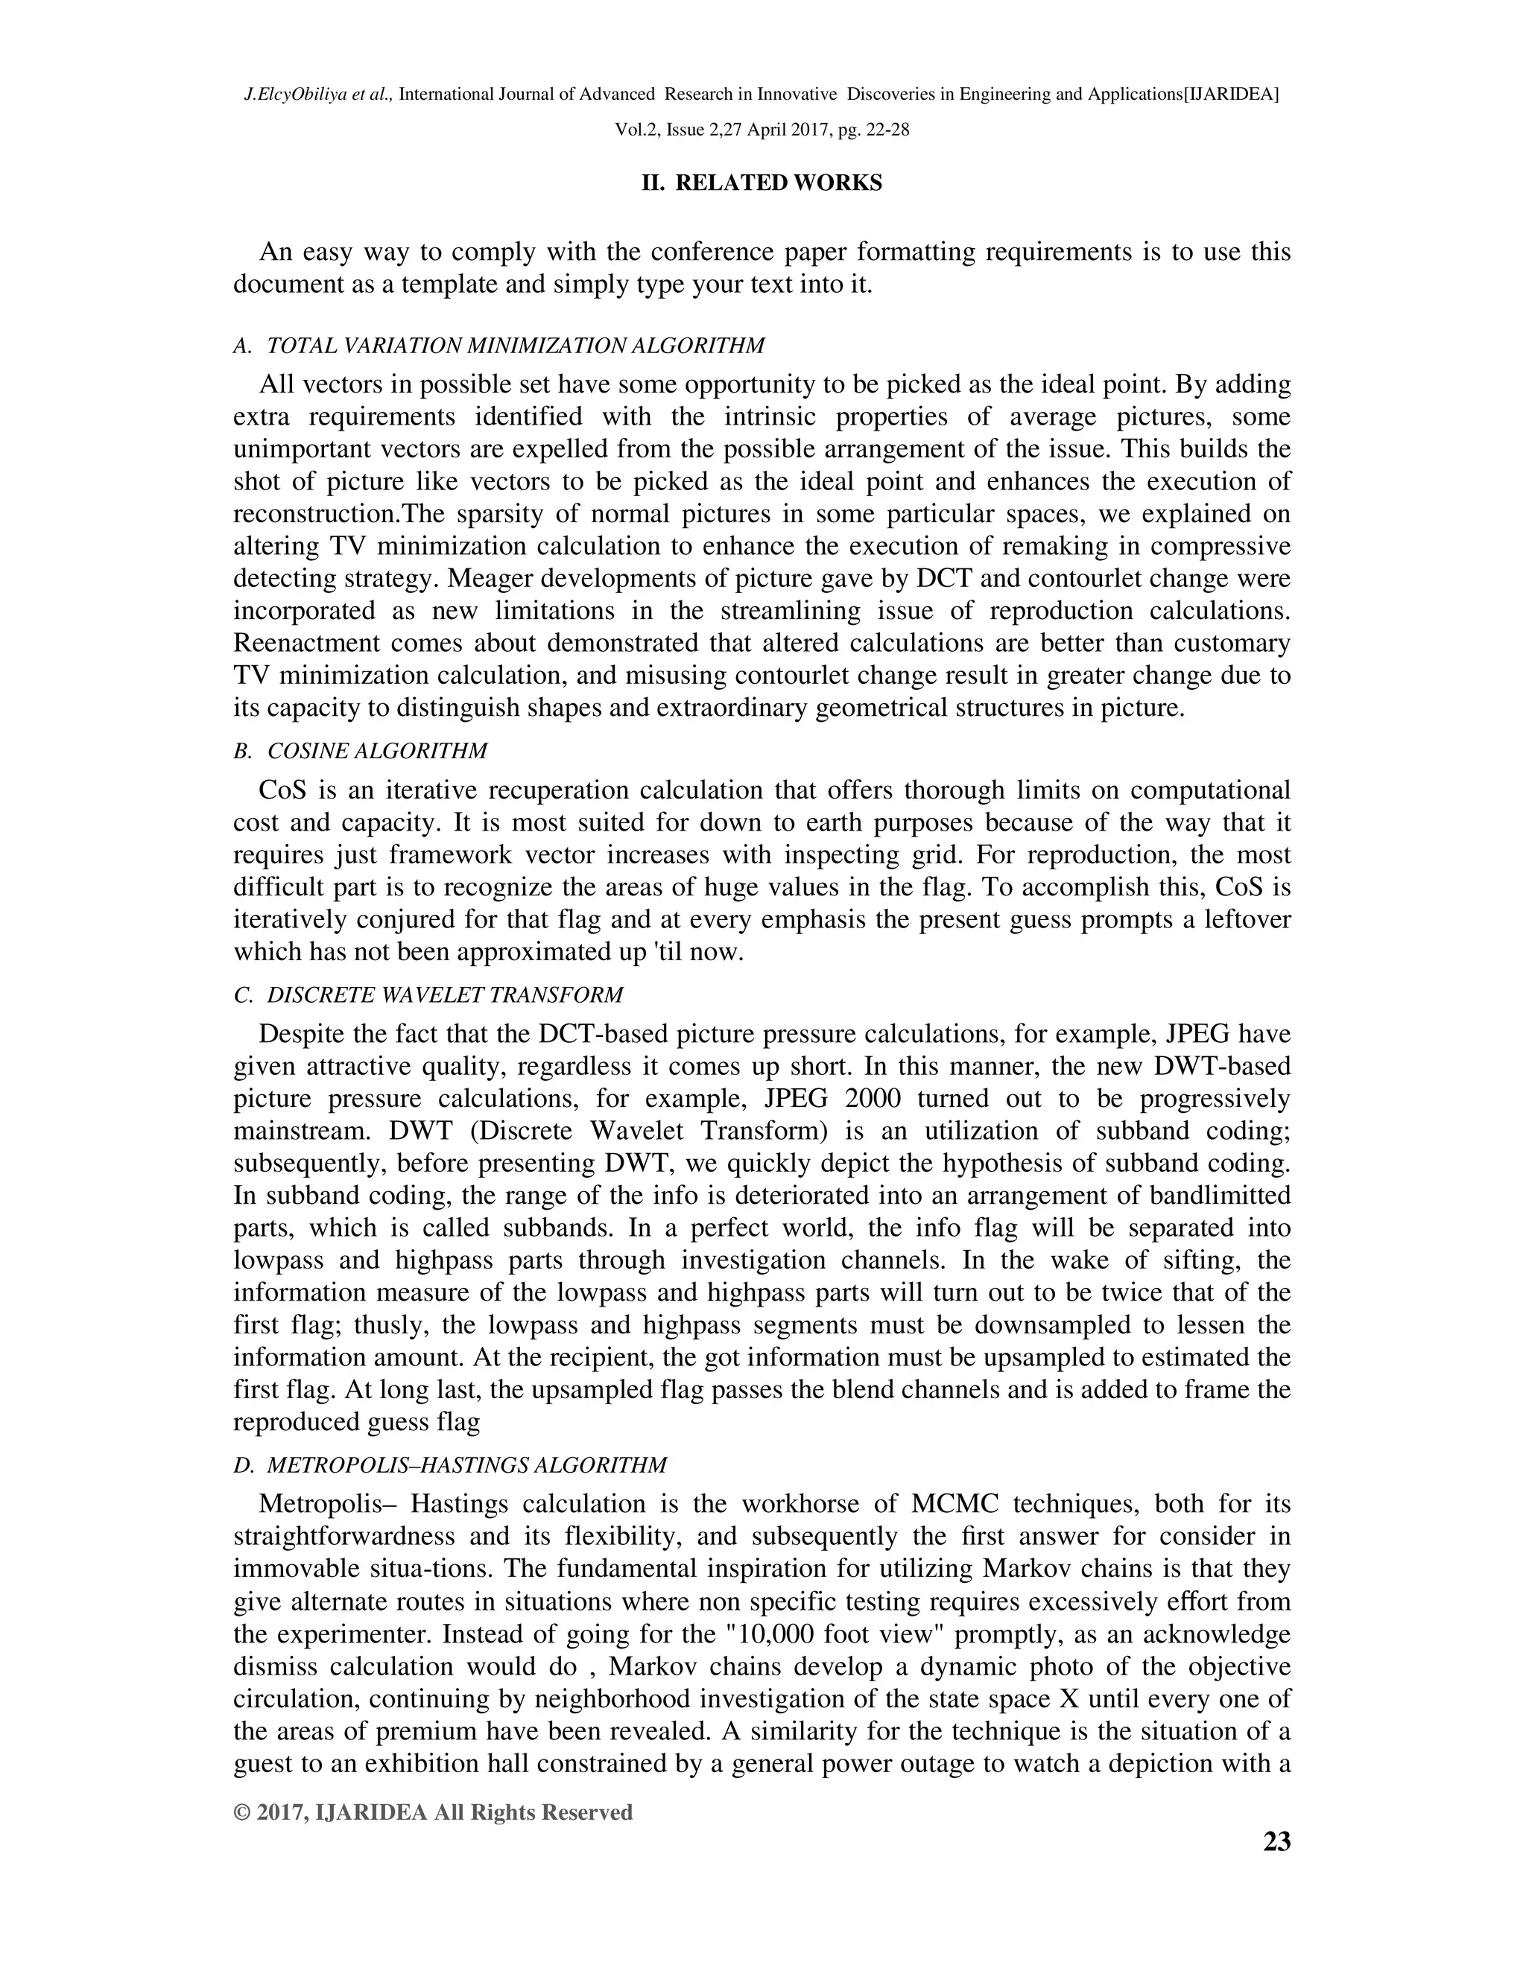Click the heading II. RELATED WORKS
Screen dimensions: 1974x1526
click(x=762, y=183)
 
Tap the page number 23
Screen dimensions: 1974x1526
click(x=1276, y=1841)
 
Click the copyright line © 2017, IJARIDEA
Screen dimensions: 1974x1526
click(x=433, y=1812)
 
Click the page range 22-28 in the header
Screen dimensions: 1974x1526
click(x=887, y=130)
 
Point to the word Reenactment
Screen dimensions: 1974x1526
click(x=305, y=644)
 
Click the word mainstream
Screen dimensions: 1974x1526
click(x=305, y=1132)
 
